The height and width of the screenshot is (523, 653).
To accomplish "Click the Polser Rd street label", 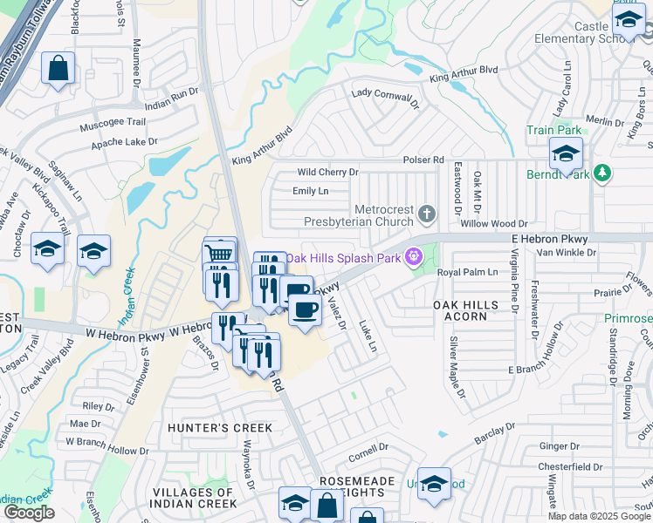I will pyautogui.click(x=424, y=160).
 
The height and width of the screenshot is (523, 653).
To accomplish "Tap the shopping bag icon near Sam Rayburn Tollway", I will pyautogui.click(x=58, y=69).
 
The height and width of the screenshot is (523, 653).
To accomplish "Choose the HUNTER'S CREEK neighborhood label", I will pyautogui.click(x=220, y=428).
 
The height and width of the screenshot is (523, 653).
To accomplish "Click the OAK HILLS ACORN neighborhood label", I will pyautogui.click(x=466, y=310).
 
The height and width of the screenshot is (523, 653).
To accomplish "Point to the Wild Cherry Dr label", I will pyautogui.click(x=327, y=173).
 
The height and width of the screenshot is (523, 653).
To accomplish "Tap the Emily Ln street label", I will pyautogui.click(x=310, y=191).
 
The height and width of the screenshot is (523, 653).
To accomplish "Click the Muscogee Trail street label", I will pyautogui.click(x=112, y=123).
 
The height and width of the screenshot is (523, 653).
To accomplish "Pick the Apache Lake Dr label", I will pyautogui.click(x=127, y=140).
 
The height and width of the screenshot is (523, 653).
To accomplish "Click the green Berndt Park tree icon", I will pyautogui.click(x=601, y=173).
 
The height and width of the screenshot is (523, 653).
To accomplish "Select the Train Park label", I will pyautogui.click(x=553, y=130).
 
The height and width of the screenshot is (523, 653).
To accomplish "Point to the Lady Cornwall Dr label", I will pyautogui.click(x=386, y=97).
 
